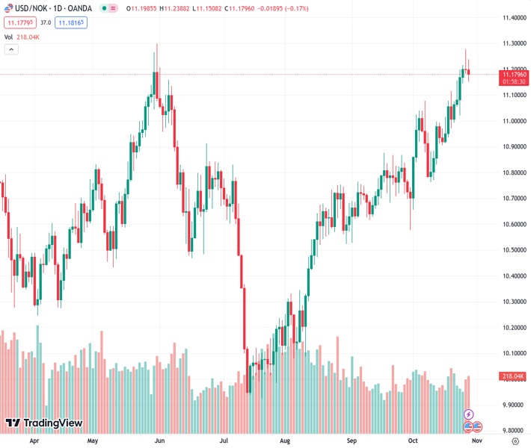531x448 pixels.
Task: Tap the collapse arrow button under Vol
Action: click(x=11, y=49)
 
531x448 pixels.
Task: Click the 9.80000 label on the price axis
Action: click(x=512, y=431)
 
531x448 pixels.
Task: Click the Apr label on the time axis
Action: click(x=34, y=441)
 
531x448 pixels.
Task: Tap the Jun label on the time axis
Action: click(x=159, y=441)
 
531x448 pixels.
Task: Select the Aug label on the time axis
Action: click(x=285, y=441)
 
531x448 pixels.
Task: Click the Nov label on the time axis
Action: click(x=476, y=441)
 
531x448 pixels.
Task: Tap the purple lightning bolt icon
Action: click(x=468, y=414)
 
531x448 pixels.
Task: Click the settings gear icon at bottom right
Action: click(x=514, y=441)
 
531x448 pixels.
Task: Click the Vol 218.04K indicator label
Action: click(x=22, y=37)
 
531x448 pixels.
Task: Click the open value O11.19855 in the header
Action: click(x=141, y=9)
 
